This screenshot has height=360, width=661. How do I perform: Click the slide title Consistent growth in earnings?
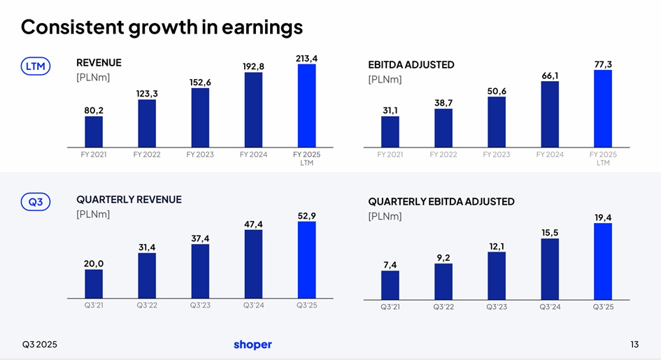click(x=162, y=27)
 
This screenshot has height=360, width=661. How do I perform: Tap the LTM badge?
click(x=35, y=66)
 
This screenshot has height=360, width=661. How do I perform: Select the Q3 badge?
click(x=35, y=202)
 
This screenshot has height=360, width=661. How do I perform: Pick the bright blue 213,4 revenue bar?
click(x=306, y=106)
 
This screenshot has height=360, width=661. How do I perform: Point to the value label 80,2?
click(x=94, y=110)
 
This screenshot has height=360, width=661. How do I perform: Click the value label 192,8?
click(x=253, y=66)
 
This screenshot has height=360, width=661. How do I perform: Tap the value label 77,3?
click(x=603, y=64)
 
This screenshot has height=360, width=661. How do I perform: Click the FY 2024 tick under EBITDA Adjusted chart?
click(x=550, y=154)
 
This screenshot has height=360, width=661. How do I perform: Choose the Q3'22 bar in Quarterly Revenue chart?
click(x=147, y=275)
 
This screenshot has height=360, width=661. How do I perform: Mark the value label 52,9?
click(x=306, y=215)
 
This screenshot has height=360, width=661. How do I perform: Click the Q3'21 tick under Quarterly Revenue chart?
click(x=94, y=305)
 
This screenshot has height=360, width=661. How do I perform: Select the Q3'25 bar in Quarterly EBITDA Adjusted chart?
click(x=603, y=261)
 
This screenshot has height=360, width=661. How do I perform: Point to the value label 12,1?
click(x=497, y=246)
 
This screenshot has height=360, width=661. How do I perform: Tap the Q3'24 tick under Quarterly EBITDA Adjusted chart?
click(x=550, y=307)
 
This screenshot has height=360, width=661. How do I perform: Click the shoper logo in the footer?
click(x=253, y=345)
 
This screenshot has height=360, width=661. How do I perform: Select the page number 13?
click(x=634, y=345)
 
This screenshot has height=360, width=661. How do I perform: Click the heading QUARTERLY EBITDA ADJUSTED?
click(x=441, y=201)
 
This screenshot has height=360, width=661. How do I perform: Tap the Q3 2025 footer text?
click(x=40, y=345)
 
